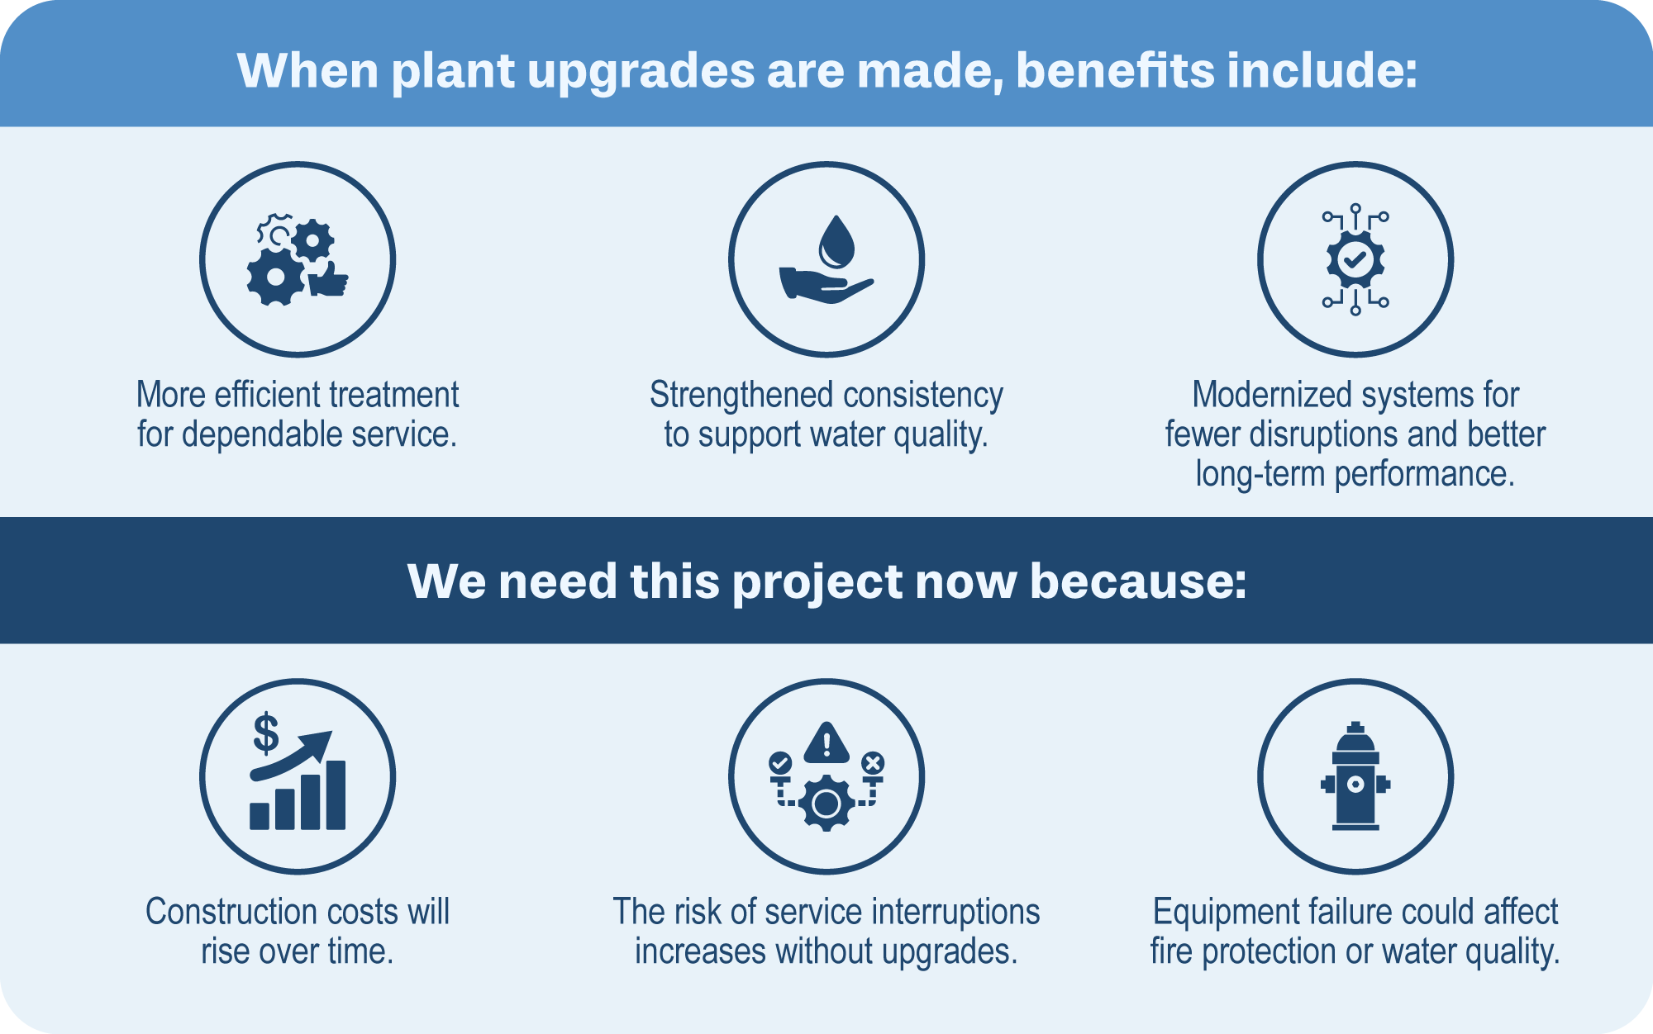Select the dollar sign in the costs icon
(266, 733)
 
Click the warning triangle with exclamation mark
(826, 742)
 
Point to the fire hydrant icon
(1355, 775)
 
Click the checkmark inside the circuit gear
(1355, 260)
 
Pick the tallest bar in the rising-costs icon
(336, 794)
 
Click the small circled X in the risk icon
(873, 762)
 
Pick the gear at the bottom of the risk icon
(826, 803)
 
